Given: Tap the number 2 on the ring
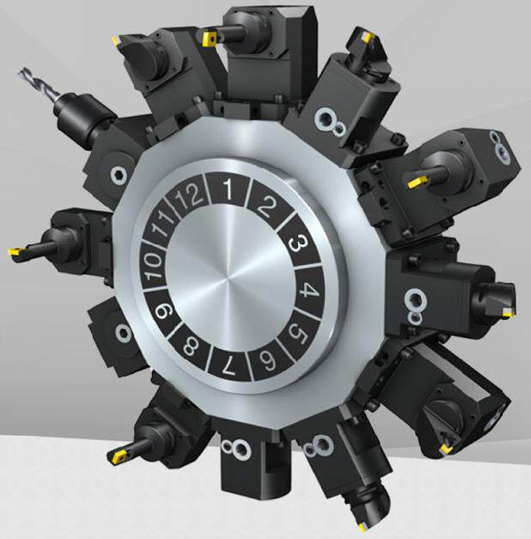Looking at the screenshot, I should click(x=266, y=206).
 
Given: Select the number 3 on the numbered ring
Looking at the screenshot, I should click(x=295, y=242).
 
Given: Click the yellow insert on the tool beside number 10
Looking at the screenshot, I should click(x=15, y=253).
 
